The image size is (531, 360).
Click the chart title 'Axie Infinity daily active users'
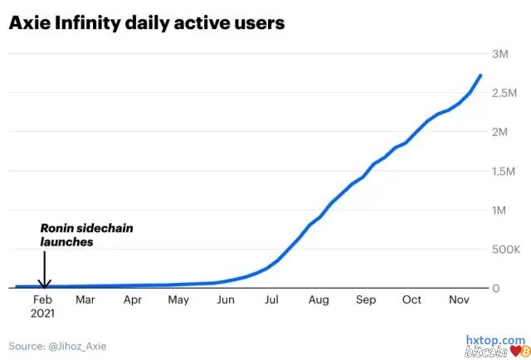coord(147,23)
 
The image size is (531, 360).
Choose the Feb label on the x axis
coord(42,300)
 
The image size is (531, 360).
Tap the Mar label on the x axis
coord(85,300)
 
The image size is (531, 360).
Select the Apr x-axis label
coord(133,300)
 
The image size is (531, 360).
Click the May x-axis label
coord(178,300)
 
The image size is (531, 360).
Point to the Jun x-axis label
coord(226,300)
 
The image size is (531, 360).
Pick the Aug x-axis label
coord(319,300)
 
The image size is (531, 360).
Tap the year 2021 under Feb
coord(42,314)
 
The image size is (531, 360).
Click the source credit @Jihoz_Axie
coord(57,345)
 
